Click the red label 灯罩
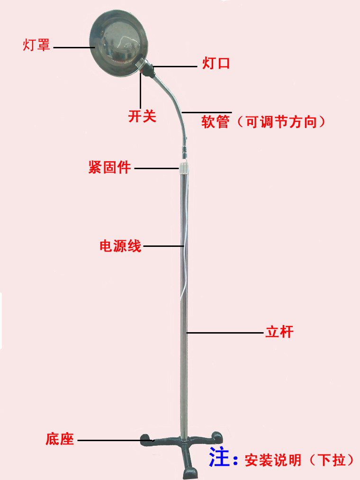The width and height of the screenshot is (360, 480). (36, 45)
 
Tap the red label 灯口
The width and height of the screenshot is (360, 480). (216, 63)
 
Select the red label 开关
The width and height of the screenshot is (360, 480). (142, 116)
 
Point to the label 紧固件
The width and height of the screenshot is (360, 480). (109, 167)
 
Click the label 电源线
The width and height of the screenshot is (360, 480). (120, 246)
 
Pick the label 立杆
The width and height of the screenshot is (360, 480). (279, 332)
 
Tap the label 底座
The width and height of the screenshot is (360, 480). (60, 439)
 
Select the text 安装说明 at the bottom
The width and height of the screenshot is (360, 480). (273, 460)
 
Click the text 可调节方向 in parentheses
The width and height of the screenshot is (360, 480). (281, 122)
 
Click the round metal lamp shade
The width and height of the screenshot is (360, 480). (118, 43)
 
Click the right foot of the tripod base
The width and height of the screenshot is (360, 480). (217, 437)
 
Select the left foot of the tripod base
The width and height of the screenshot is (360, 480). (146, 440)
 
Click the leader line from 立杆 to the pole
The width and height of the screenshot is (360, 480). (225, 333)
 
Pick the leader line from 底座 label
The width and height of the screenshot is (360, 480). (116, 441)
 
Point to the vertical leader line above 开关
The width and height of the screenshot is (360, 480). (141, 91)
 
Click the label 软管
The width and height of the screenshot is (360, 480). (216, 122)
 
